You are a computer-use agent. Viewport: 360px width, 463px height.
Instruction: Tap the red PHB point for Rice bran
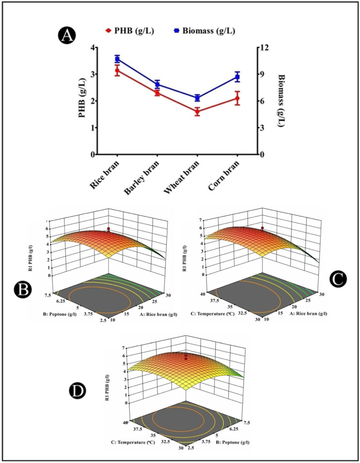[117, 71]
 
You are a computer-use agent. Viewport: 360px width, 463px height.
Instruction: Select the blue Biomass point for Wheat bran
[197, 98]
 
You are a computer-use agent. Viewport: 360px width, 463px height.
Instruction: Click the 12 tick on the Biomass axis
[263, 48]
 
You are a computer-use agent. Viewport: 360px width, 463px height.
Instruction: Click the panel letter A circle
[66, 35]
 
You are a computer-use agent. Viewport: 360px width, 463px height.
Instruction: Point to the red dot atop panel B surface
[109, 228]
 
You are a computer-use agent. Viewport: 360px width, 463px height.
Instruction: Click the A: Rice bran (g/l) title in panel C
[301, 312]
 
